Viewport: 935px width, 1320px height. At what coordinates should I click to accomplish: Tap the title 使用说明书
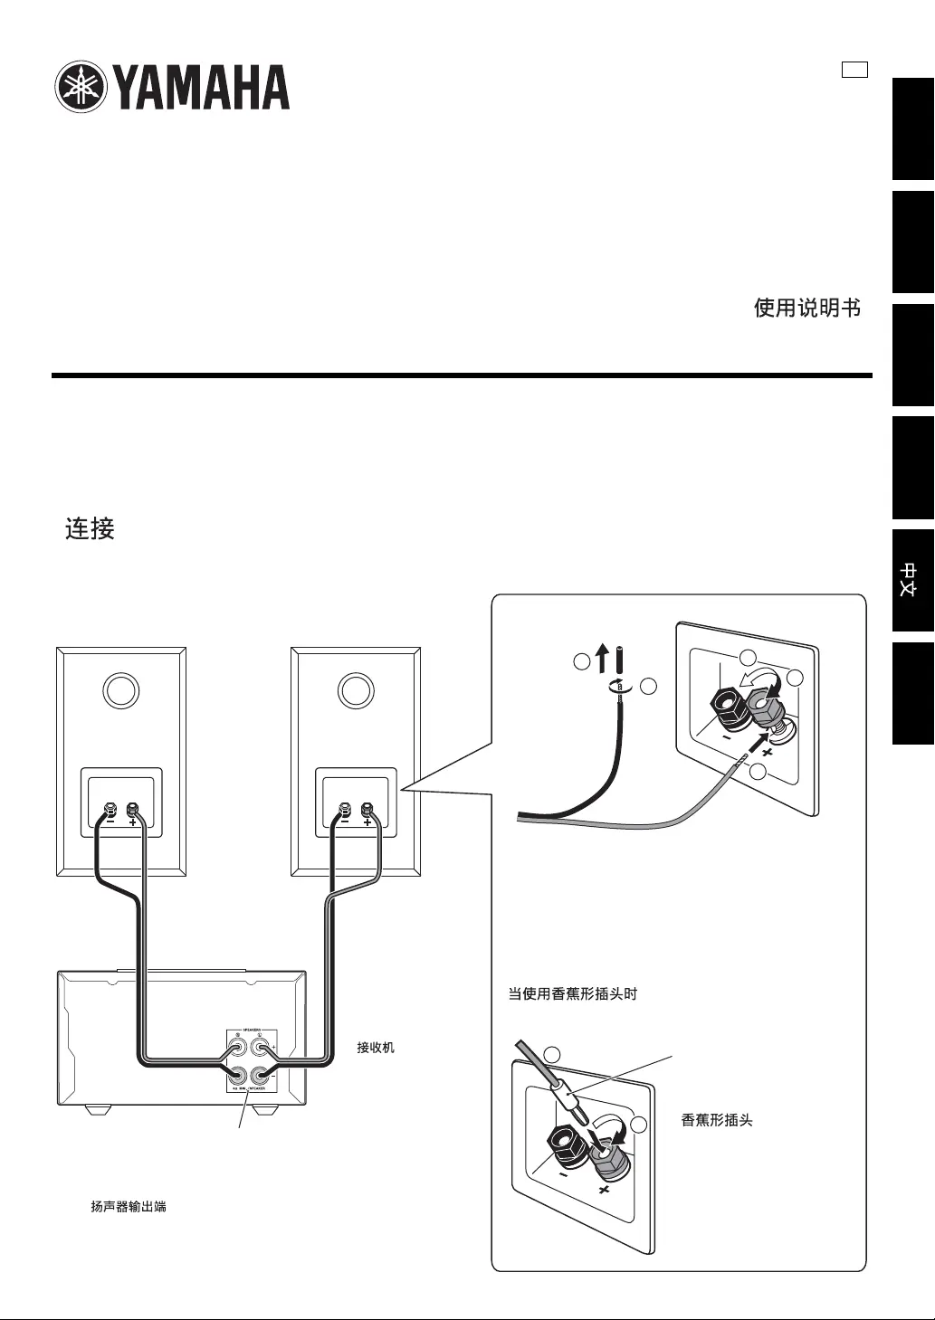[806, 309]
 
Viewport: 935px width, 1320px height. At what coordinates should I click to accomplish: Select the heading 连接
[90, 528]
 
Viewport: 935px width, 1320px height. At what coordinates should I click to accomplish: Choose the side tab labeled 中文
[912, 580]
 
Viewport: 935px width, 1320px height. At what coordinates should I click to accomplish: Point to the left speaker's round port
[121, 691]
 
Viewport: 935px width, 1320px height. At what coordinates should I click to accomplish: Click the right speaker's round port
[355, 691]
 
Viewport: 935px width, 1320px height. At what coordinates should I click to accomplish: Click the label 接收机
[376, 1048]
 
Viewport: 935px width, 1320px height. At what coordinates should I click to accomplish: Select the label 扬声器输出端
[129, 1206]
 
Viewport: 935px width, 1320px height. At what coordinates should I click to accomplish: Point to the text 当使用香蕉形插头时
[572, 993]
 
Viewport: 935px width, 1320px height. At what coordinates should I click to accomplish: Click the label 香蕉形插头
[716, 1120]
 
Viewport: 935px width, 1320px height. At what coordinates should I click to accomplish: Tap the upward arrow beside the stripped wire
[602, 660]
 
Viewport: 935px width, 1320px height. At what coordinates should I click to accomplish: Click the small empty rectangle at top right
[854, 70]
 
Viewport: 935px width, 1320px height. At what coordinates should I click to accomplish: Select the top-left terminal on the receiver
[237, 1049]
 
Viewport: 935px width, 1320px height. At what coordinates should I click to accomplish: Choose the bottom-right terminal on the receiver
[261, 1076]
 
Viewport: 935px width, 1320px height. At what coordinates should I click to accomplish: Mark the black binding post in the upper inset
[727, 703]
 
